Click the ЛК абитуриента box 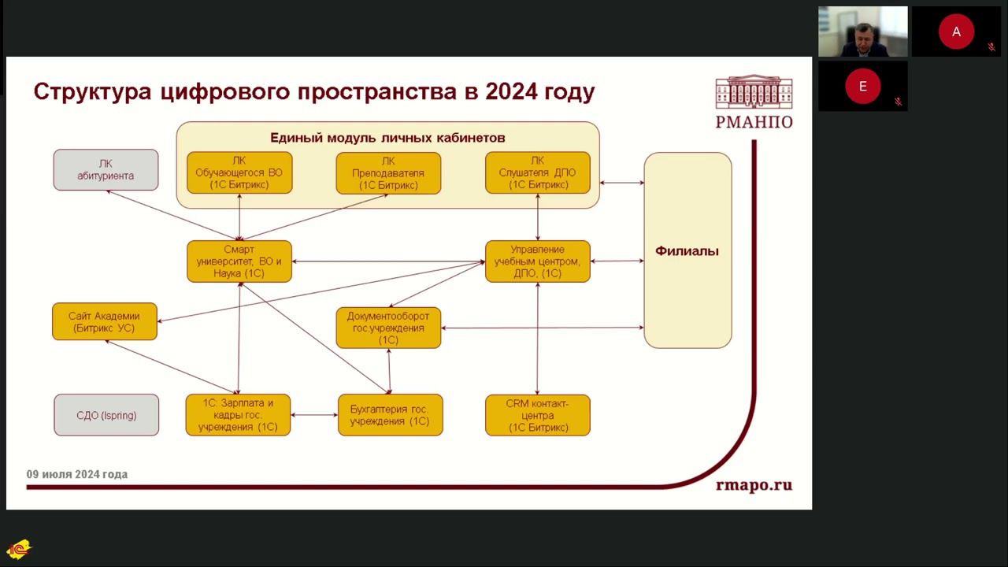(x=106, y=169)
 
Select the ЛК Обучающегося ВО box (x=239, y=173)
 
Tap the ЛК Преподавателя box (x=388, y=173)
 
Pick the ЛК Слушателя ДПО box (x=538, y=173)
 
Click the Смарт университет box (x=239, y=261)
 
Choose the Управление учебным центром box (x=538, y=261)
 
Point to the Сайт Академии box (x=105, y=321)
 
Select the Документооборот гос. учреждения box (x=388, y=328)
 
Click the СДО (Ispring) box (x=106, y=415)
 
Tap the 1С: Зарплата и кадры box (x=238, y=415)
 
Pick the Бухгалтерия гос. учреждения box (x=390, y=415)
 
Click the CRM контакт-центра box (x=538, y=415)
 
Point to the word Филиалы (x=687, y=252)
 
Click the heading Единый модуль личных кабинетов (x=387, y=138)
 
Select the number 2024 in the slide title (x=512, y=92)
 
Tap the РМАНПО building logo (x=754, y=93)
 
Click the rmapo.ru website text (x=754, y=485)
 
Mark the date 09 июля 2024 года (x=77, y=474)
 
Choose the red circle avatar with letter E (x=862, y=87)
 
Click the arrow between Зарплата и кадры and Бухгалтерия (x=314, y=415)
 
